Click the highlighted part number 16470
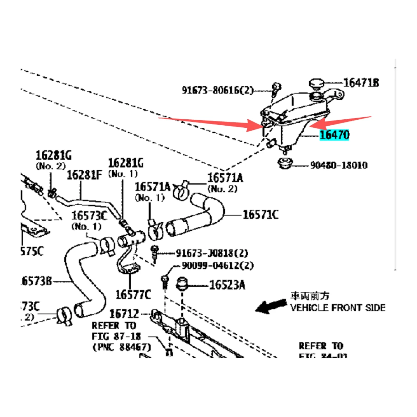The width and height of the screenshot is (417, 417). pos(334,135)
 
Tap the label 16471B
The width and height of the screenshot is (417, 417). pos(361,83)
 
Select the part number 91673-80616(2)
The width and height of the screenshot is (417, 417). pos(218,90)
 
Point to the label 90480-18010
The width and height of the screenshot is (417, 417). pos(339,165)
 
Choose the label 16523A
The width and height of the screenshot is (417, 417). pos(227,285)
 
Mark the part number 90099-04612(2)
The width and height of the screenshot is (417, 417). pos(218,266)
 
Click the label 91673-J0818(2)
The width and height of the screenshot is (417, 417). pos(212,253)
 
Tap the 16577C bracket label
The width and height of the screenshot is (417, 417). pos(133,295)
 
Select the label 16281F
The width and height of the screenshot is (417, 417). pos(84,175)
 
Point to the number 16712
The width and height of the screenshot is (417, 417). pos(124,314)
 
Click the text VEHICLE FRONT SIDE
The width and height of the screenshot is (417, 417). pos(338,308)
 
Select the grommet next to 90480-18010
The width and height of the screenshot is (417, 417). pos(285,163)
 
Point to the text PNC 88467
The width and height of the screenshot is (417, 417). pos(122,347)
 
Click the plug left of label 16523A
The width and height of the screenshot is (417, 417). pos(182,284)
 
